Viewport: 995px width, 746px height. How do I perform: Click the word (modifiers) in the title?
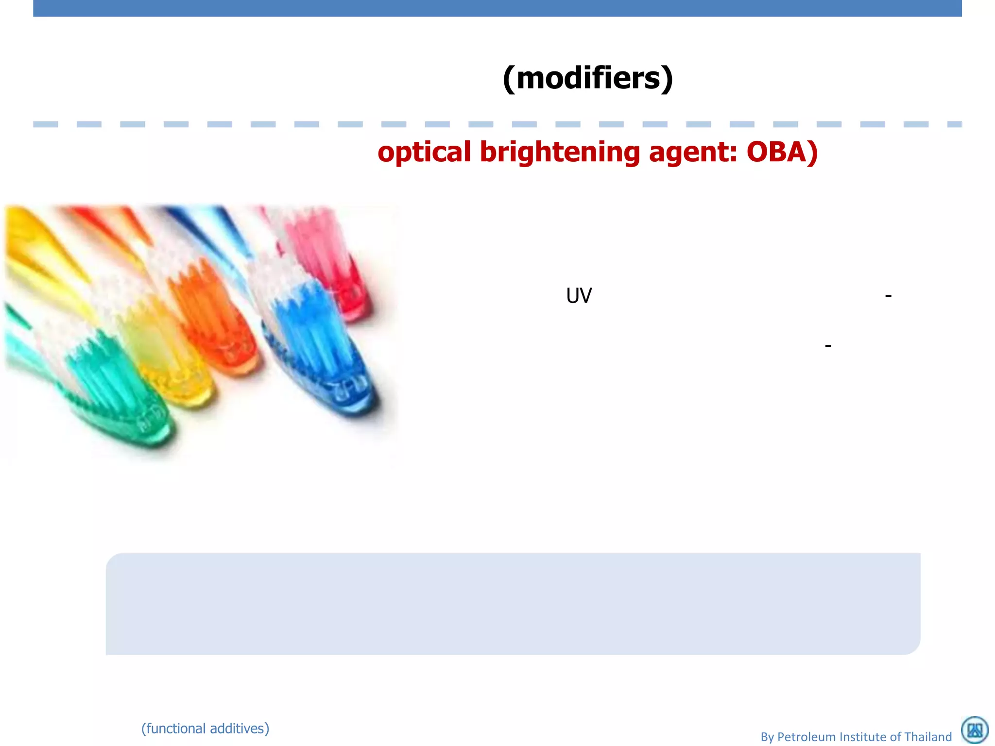tap(588, 78)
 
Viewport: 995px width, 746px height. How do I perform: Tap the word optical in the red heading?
tap(424, 152)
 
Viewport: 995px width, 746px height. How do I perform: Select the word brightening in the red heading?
tap(560, 152)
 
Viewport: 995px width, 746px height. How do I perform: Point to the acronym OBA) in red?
tap(782, 152)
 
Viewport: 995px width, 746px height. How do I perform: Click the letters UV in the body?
tap(579, 295)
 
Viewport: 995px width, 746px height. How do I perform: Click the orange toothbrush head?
tap(214, 321)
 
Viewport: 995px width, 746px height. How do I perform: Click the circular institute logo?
tap(975, 730)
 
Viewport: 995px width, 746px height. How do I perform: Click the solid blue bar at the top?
tap(497, 8)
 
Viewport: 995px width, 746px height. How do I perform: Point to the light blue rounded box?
tap(513, 604)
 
